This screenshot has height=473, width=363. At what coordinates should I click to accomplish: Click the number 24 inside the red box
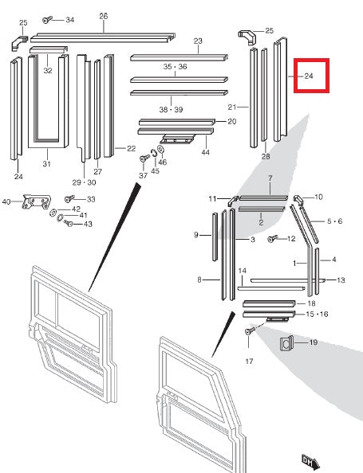pyautogui.click(x=309, y=77)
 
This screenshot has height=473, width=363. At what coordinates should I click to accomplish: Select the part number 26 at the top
pyautogui.click(x=104, y=16)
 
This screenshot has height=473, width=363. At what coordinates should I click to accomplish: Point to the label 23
pyautogui.click(x=198, y=41)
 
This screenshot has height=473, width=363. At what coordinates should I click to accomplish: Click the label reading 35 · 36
pyautogui.click(x=175, y=67)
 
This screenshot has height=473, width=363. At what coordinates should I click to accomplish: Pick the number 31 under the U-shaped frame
pyautogui.click(x=46, y=165)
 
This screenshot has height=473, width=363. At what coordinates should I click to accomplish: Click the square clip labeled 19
pyautogui.click(x=287, y=344)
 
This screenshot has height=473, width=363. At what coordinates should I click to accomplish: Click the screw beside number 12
pyautogui.click(x=274, y=238)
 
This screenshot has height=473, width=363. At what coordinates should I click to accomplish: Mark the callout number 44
pyautogui.click(x=206, y=152)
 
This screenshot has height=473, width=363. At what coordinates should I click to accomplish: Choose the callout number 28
pyautogui.click(x=266, y=157)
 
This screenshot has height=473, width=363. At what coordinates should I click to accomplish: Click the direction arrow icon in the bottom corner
pyautogui.click(x=310, y=459)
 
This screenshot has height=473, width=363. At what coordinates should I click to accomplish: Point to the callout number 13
pyautogui.click(x=341, y=280)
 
